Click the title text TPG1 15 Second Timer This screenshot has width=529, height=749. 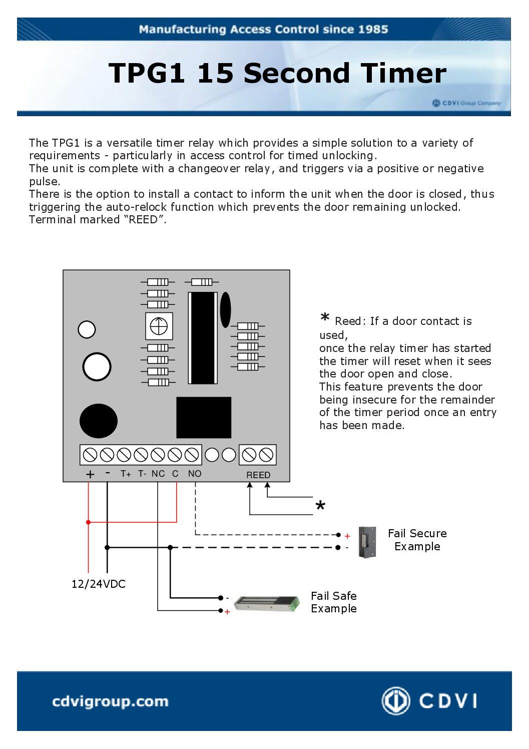[x=277, y=73]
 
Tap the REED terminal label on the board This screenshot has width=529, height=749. [x=258, y=475]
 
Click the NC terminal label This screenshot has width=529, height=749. [x=158, y=474]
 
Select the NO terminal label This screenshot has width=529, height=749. [x=195, y=474]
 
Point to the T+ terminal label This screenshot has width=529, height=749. [x=126, y=474]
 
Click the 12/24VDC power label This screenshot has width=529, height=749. [x=99, y=584]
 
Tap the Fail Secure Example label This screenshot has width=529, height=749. [x=417, y=540]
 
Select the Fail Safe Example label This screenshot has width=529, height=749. [x=334, y=602]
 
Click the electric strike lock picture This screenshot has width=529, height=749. [x=367, y=542]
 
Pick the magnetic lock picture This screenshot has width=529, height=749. [x=267, y=604]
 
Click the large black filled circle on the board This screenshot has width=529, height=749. [x=99, y=421]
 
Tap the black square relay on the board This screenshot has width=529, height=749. [x=204, y=418]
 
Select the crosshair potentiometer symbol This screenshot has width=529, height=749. [x=159, y=326]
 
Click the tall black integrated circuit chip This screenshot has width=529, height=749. [x=203, y=338]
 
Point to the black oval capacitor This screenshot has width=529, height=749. [x=226, y=309]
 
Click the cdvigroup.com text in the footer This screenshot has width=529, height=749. [x=110, y=701]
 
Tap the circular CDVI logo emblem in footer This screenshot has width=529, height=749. [x=396, y=700]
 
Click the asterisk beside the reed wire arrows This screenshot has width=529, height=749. [x=320, y=506]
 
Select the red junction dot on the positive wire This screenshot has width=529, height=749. [x=89, y=522]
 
